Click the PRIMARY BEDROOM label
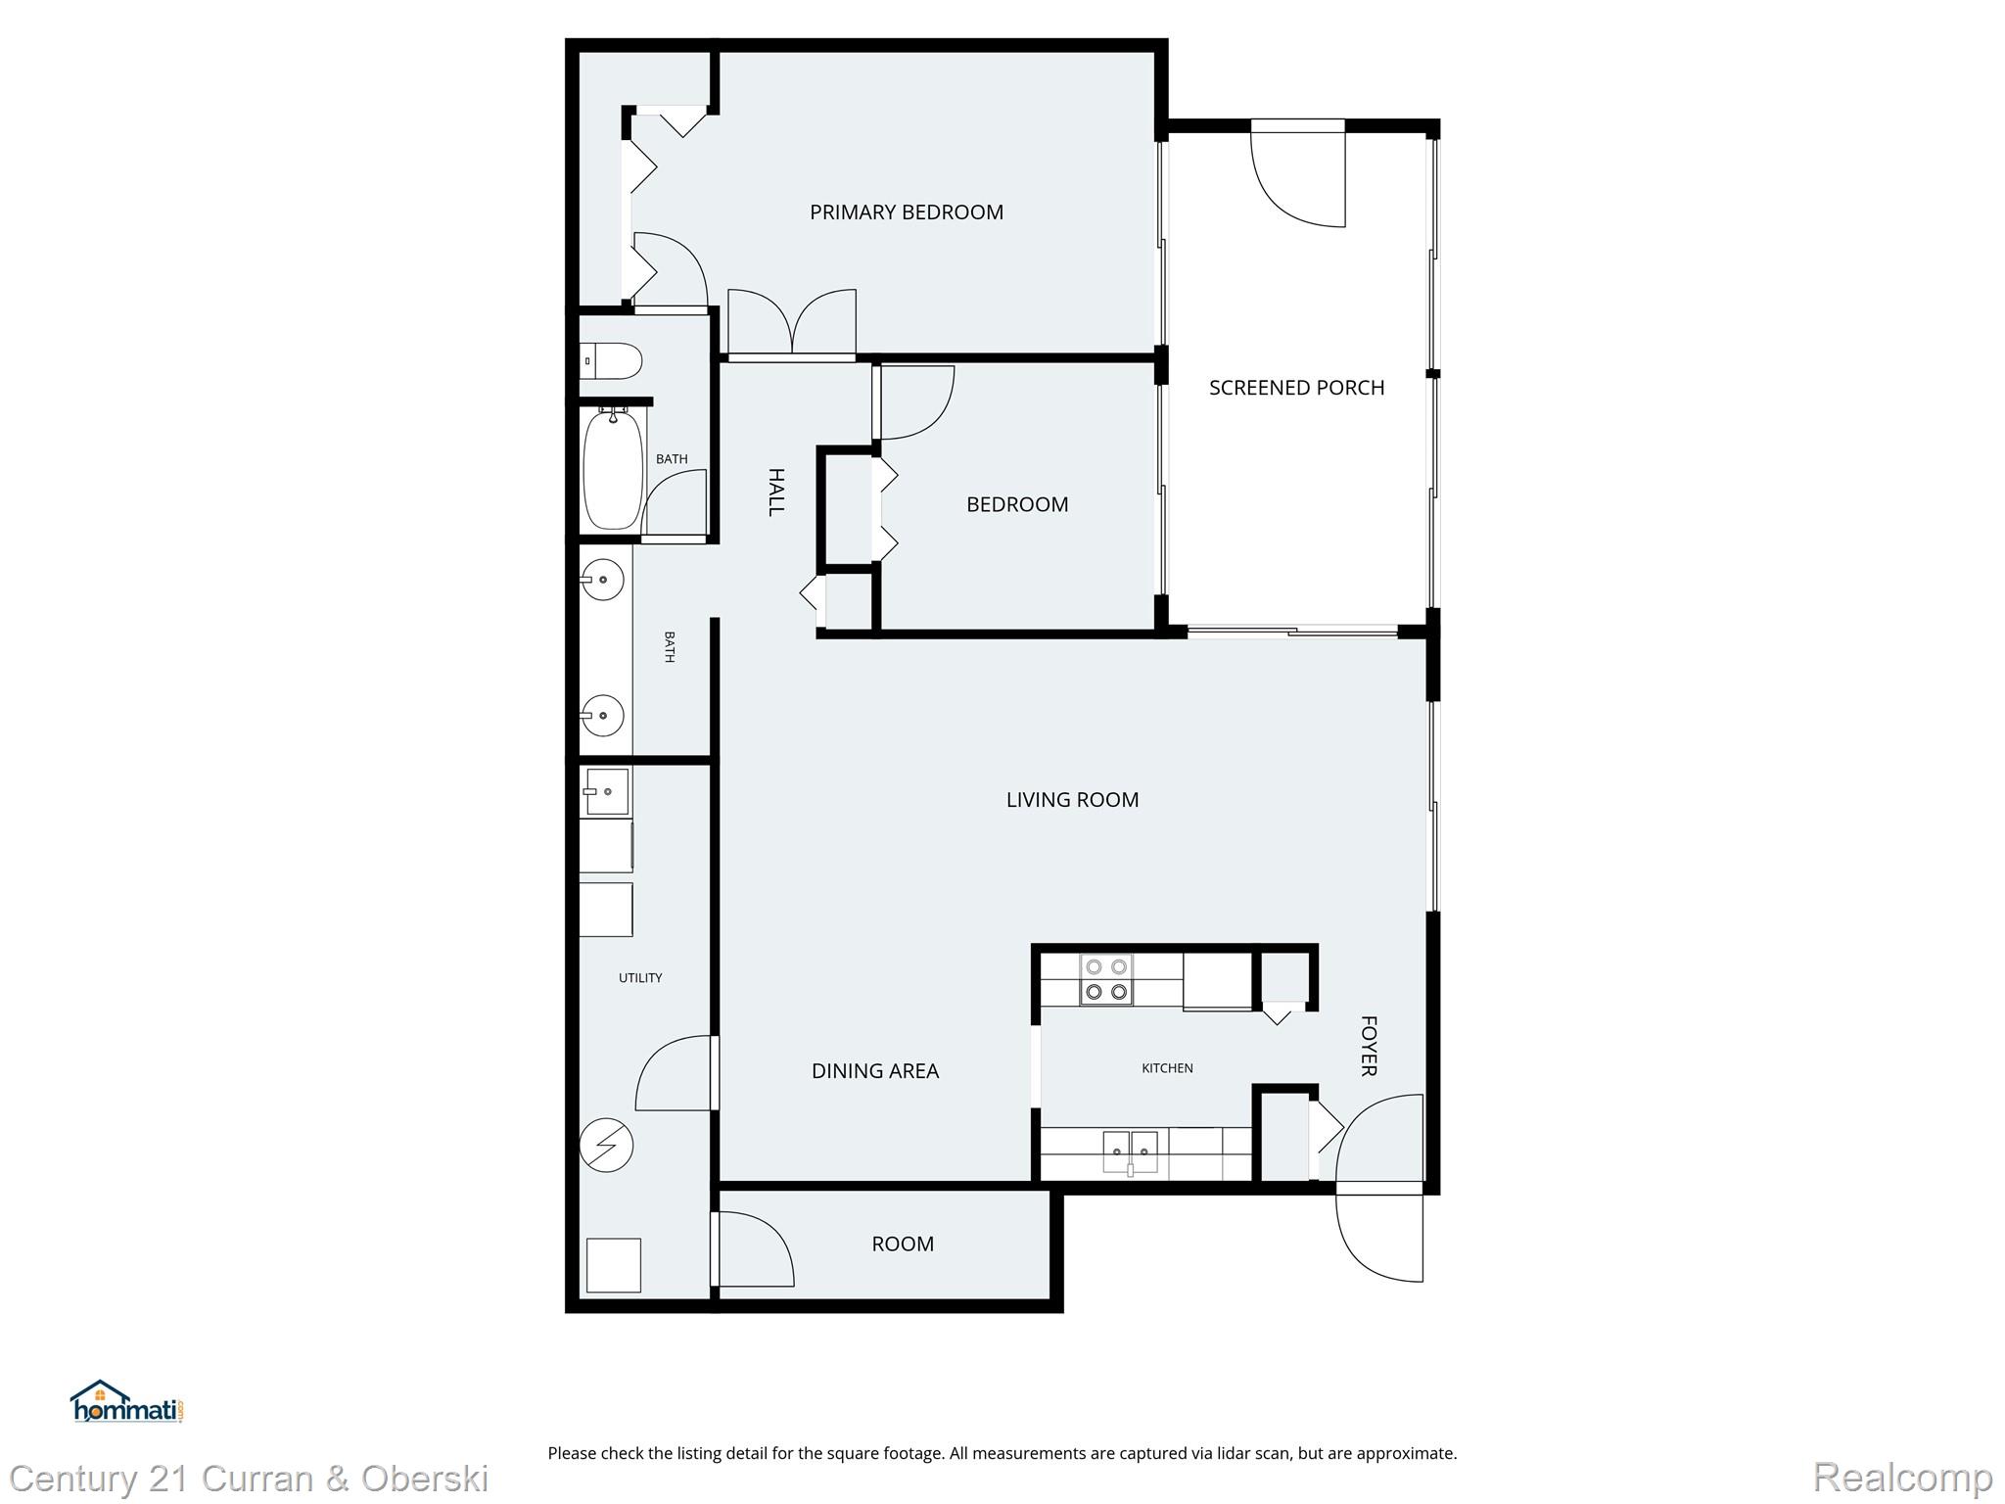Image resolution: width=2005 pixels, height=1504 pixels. (x=906, y=212)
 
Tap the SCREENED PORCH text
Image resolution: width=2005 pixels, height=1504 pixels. (x=1296, y=388)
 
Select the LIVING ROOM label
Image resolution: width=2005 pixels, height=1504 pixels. (x=1072, y=800)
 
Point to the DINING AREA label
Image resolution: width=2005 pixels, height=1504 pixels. (x=874, y=1071)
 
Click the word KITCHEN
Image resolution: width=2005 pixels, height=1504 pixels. (x=1167, y=1068)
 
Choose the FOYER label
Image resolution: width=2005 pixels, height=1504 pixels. (x=1369, y=1046)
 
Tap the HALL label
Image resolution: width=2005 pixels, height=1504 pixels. (x=776, y=492)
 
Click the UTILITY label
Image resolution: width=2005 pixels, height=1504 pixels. (x=640, y=978)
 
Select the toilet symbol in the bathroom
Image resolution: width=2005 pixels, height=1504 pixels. (x=610, y=360)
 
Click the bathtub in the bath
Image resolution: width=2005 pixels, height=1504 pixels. (x=613, y=470)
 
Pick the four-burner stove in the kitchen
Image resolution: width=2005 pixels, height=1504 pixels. (x=1106, y=979)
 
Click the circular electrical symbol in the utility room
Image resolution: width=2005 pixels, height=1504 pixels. (x=606, y=1145)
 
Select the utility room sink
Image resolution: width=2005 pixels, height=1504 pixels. (x=606, y=791)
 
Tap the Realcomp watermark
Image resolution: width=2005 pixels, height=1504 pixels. (x=1902, y=1478)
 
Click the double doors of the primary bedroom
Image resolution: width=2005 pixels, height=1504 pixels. (x=792, y=323)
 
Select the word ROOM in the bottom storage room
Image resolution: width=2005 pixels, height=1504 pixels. (x=903, y=1245)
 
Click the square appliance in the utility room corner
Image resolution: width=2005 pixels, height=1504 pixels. (x=613, y=1265)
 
